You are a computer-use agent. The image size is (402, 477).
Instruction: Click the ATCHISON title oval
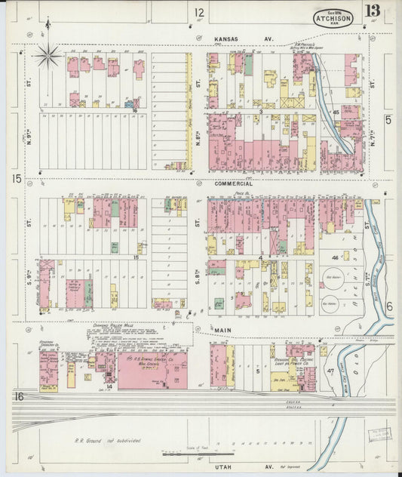click(x=333, y=17)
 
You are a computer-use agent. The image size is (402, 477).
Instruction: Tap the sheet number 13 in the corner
click(x=373, y=11)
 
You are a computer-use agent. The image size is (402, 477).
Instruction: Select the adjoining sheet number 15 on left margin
click(x=16, y=178)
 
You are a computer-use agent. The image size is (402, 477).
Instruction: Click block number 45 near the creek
click(x=335, y=112)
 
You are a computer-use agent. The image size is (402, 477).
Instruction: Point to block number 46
click(x=334, y=258)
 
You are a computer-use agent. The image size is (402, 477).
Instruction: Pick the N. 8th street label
click(x=199, y=143)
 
